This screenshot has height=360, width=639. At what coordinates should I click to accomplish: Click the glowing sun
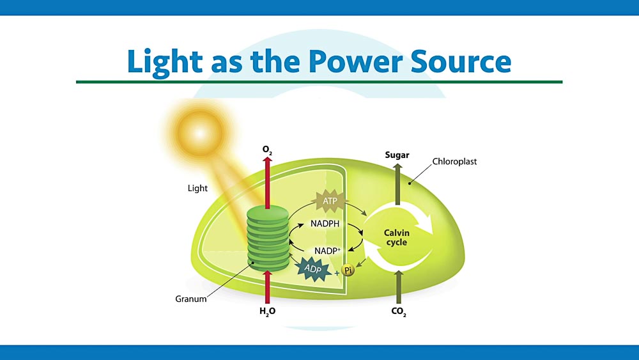click(197, 132)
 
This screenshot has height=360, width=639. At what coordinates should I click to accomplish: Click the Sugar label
click(397, 155)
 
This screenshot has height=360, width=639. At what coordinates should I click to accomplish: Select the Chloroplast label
click(454, 162)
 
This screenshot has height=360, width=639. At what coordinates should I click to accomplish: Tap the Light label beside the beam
click(198, 189)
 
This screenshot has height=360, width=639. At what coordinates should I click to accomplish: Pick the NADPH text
click(325, 224)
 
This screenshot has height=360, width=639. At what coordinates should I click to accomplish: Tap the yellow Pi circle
click(348, 271)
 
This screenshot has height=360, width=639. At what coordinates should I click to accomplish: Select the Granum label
click(191, 299)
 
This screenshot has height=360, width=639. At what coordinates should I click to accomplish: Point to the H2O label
click(267, 312)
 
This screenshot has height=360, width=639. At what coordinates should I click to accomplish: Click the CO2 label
click(399, 312)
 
